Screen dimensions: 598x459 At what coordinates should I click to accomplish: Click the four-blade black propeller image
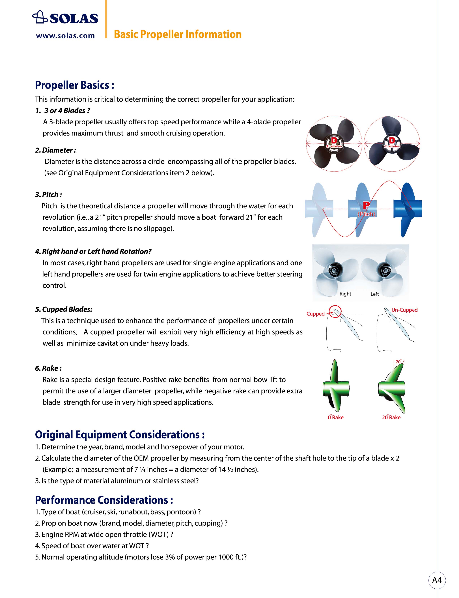coord(334,143)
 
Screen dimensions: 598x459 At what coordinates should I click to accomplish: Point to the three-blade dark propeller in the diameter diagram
coord(392,143)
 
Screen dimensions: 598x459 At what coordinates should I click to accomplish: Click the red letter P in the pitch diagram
coord(366,205)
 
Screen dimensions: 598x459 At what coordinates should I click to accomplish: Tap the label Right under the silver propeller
coord(345,294)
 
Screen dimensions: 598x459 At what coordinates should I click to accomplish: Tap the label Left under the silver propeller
coord(375,294)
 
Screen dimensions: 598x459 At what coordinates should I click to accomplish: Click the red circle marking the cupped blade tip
coord(335,312)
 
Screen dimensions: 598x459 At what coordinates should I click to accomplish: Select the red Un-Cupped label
coord(404,310)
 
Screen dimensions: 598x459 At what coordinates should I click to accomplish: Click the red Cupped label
coord(316,314)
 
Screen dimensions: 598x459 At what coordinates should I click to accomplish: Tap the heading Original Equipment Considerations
coord(120,435)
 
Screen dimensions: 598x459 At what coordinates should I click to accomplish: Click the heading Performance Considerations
coord(104,500)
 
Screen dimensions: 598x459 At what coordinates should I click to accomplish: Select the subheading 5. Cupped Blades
coord(64,309)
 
